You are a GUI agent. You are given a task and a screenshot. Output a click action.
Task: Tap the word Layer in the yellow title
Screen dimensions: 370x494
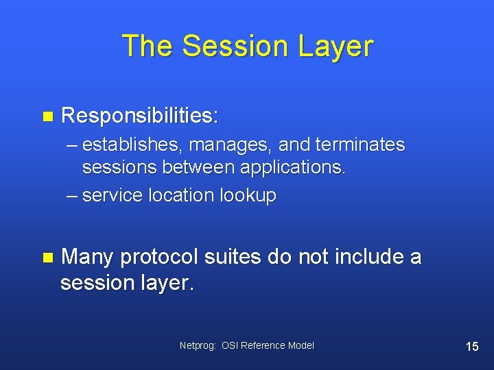336,47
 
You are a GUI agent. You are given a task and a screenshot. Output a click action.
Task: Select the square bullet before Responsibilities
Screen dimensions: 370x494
47,116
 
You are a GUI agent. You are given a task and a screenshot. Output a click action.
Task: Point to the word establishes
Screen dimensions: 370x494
132,145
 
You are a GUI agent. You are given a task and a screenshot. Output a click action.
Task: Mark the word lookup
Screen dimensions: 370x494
248,196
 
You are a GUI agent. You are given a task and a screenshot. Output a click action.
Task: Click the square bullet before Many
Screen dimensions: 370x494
47,258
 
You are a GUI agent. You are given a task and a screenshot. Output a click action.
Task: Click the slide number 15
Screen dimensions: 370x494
472,347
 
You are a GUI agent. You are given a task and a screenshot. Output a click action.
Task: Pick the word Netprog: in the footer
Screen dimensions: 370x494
198,346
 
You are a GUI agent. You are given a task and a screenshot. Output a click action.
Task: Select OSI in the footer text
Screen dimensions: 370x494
230,346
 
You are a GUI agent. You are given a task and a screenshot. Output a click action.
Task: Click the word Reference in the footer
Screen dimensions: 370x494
263,346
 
